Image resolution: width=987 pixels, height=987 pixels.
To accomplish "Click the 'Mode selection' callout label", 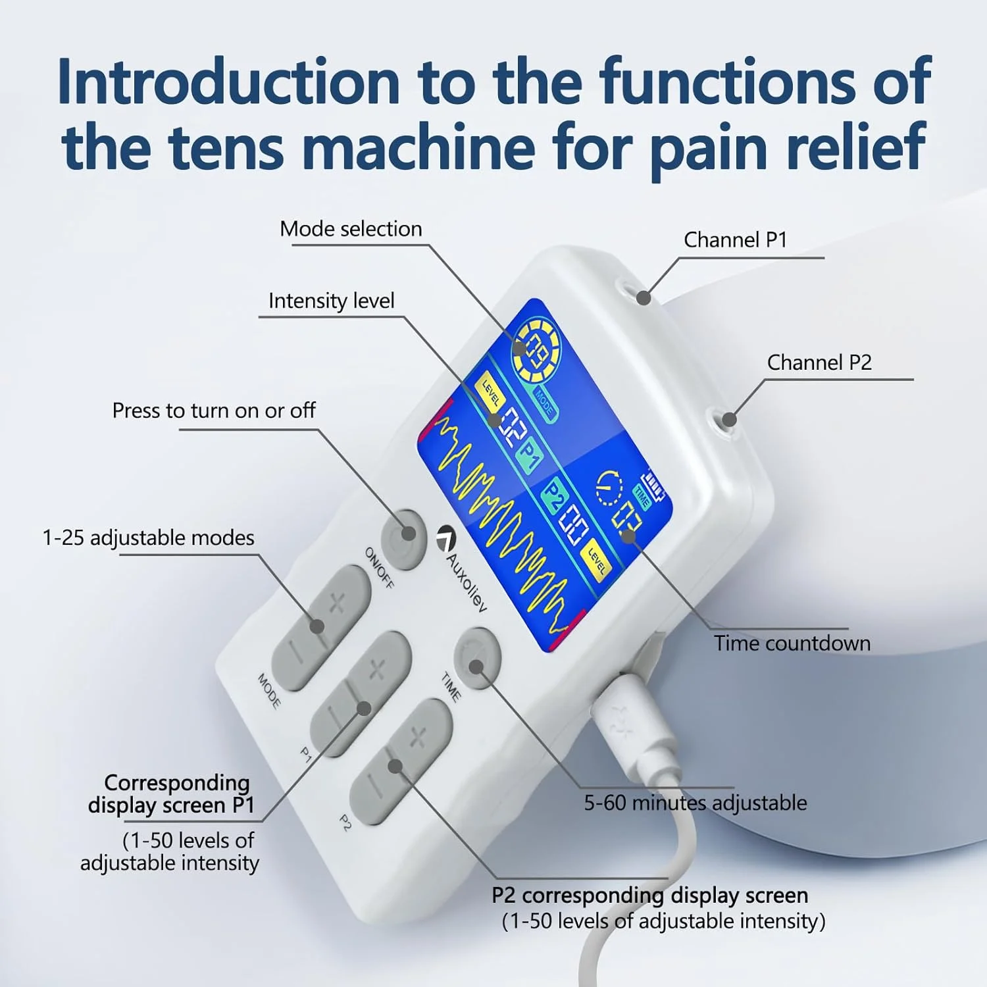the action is tap(351, 229).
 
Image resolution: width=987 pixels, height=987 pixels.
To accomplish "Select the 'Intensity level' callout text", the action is tap(331, 301).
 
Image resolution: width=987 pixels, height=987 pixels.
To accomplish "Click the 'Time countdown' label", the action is tap(792, 643).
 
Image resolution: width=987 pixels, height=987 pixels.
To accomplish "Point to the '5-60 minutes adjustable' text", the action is tap(696, 803).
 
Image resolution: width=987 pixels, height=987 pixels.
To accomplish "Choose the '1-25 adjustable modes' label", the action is tap(148, 538).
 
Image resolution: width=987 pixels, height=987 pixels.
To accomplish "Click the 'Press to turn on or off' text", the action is tap(214, 411).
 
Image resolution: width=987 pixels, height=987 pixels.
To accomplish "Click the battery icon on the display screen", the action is tap(655, 485).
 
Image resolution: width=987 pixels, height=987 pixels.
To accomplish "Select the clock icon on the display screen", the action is tap(609, 490).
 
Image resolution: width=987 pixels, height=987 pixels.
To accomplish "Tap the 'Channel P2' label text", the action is tap(819, 363).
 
